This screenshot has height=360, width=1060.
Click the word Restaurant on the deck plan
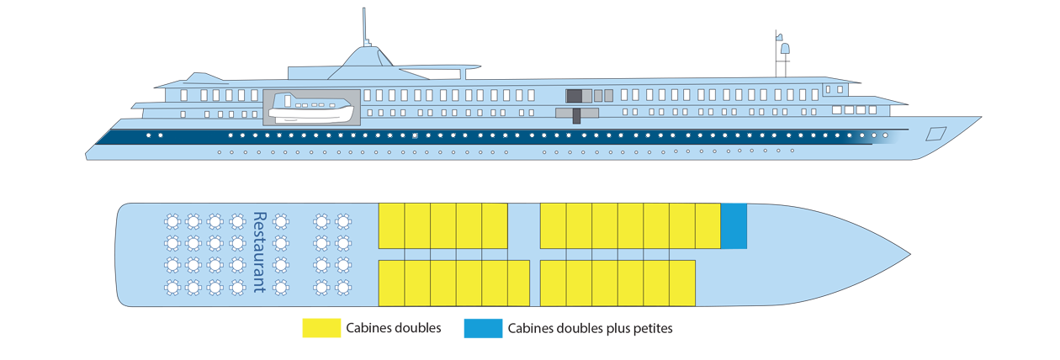[259, 252]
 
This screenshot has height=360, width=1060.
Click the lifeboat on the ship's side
[312, 108]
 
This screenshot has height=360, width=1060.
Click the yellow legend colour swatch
[309, 336]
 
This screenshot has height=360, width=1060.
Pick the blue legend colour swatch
[478, 336]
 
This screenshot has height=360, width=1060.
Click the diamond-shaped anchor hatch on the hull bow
[935, 134]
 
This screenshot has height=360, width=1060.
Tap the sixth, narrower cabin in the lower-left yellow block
[518, 283]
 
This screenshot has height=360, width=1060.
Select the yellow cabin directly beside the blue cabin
[708, 225]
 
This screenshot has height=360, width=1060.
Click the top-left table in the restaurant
[172, 221]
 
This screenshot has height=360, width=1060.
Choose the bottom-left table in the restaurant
[172, 287]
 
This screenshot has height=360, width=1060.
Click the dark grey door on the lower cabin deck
[576, 115]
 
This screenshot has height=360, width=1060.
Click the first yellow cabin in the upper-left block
[391, 225]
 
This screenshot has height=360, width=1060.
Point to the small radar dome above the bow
[784, 49]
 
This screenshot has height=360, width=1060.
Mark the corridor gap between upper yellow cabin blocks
[523, 225]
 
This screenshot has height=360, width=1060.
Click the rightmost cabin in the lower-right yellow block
[681, 283]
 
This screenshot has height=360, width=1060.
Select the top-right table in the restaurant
[342, 221]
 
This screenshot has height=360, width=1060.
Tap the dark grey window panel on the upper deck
[574, 95]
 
